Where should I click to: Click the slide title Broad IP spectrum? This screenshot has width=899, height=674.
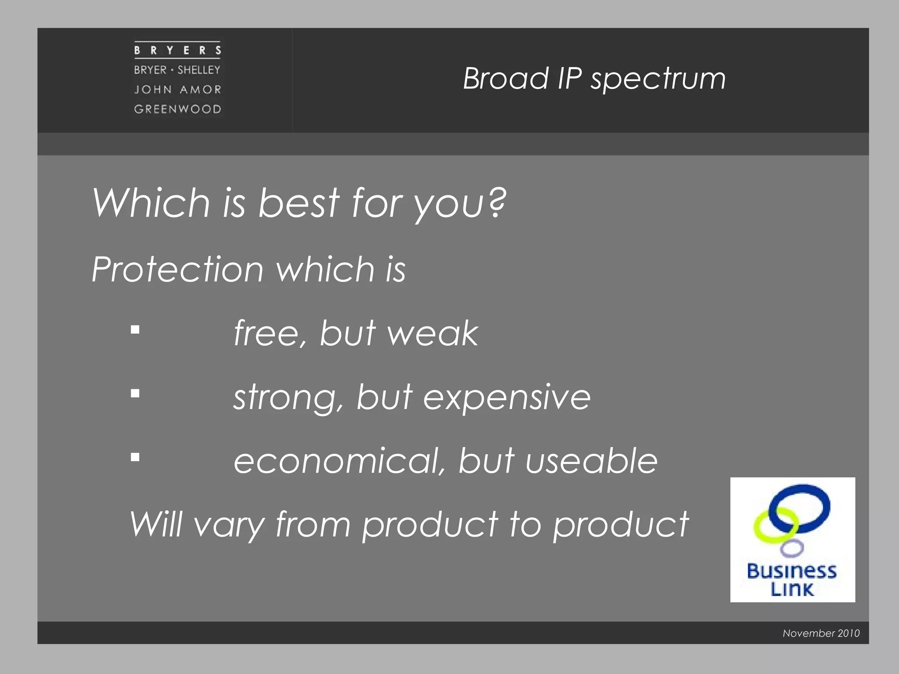[594, 79]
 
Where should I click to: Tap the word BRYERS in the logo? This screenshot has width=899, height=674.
[177, 50]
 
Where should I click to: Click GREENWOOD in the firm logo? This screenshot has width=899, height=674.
[177, 109]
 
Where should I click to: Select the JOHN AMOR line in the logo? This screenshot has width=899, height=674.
[177, 90]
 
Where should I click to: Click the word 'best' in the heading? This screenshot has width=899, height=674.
[298, 203]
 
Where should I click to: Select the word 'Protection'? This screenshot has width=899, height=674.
[177, 269]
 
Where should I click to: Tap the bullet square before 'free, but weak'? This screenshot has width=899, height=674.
[135, 330]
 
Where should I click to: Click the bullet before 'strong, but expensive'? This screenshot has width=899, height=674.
[135, 393]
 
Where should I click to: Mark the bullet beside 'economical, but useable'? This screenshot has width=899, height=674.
[135, 457]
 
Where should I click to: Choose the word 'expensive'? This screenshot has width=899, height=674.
[507, 398]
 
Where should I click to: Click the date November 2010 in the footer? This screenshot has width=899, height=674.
[821, 633]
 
